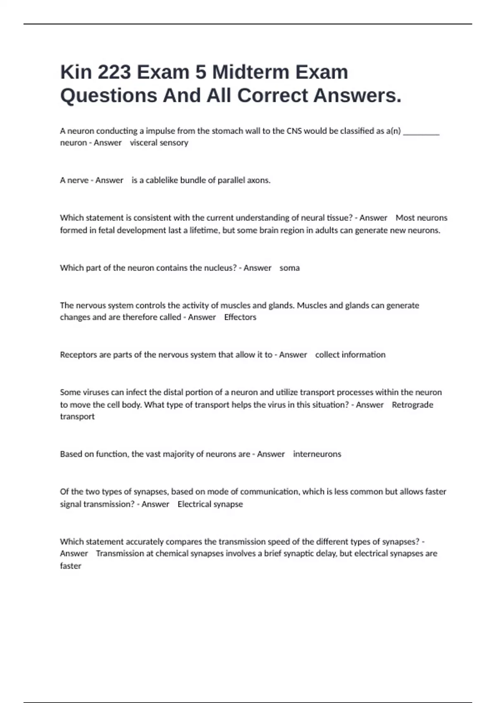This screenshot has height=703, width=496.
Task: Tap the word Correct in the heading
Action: [273, 96]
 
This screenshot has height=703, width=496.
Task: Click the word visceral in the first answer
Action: [143, 143]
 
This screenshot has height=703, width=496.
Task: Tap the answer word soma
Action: [289, 268]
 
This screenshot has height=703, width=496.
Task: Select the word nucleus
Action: [219, 268]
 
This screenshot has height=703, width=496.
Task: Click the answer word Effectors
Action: [240, 317]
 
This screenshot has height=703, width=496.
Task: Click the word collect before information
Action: [328, 355]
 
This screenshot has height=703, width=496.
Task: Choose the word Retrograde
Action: [412, 405]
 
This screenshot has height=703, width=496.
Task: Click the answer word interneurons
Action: [317, 454]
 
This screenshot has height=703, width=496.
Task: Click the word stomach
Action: [227, 131]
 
